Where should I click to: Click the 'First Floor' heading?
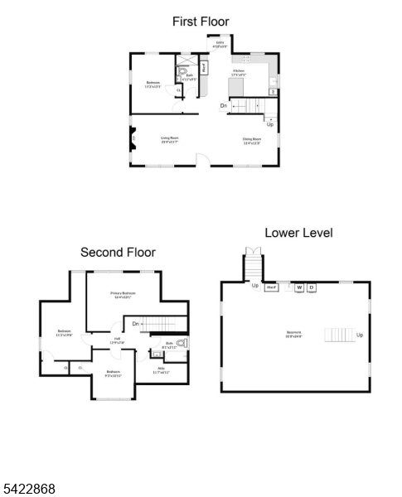[201, 22]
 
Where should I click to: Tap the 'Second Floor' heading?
[118, 252]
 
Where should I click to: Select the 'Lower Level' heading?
[298, 233]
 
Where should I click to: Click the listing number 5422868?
[29, 489]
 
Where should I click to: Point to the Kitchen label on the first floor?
[239, 73]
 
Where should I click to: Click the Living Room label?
[170, 139]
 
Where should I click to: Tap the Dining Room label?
[252, 141]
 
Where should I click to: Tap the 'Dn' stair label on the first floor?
[224, 106]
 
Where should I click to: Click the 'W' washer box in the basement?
[299, 287]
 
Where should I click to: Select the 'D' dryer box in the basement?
[312, 287]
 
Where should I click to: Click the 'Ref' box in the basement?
[271, 287]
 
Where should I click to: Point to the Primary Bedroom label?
[124, 295]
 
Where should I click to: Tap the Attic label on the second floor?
[161, 372]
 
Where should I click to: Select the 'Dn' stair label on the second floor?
[135, 324]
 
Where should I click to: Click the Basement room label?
[294, 335]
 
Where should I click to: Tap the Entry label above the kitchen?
[220, 44]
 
